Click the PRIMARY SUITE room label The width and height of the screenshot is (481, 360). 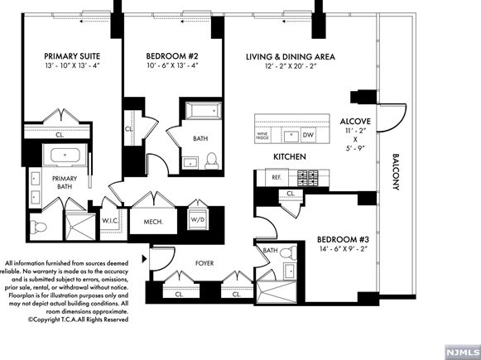coord(72,56)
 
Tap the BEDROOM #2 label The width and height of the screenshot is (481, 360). coord(172,56)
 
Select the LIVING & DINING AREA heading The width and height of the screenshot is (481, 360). coord(291,57)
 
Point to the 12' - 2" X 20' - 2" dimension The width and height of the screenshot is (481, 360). coord(291,66)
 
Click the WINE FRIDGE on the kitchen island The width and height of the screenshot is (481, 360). coord(262,136)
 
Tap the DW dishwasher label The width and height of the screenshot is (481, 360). coord(308,135)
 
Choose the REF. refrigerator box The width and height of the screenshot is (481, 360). coord(277,177)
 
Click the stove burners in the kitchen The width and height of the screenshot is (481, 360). coord(308,178)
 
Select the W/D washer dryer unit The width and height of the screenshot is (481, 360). coord(198,219)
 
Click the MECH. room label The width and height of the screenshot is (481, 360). coord(153,222)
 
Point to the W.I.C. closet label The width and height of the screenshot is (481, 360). coord(110,220)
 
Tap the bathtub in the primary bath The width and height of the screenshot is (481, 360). coord(65,155)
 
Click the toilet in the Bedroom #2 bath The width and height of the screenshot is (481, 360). coord(211,161)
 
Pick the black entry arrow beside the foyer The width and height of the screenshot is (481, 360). coord(145,258)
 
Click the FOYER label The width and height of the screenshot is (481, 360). coord(204,263)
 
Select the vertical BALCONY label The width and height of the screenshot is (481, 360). coord(396,172)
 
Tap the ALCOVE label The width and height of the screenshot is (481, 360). coord(355,122)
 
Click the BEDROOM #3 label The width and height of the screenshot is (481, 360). coord(343,239)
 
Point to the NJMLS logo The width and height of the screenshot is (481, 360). coord(463,352)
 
